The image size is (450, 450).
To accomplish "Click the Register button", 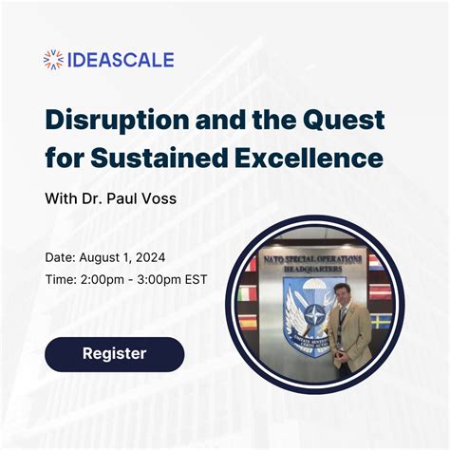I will [x=114, y=353].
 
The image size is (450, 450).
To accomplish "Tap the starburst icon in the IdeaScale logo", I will [x=54, y=60].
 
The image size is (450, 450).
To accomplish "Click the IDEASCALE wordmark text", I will [x=121, y=60].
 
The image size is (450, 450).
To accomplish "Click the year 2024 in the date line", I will [x=153, y=257].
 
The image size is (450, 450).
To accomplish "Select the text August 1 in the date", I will [x=104, y=257].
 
